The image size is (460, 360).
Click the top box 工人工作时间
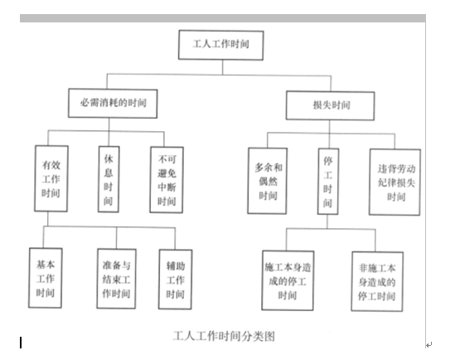pyautogui.click(x=221, y=45)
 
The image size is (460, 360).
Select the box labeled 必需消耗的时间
pyautogui.click(x=113, y=104)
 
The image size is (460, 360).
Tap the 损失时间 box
pyautogui.click(x=331, y=105)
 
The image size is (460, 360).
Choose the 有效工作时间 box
pyautogui.click(x=51, y=178)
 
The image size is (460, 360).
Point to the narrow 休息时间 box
pyautogui.click(x=109, y=179)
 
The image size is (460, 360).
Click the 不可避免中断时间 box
pyautogui.click(x=167, y=180)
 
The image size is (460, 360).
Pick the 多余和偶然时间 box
pyautogui.click(x=267, y=181)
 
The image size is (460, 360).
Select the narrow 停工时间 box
pyautogui.click(x=328, y=181)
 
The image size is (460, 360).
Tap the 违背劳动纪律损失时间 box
pyautogui.click(x=395, y=182)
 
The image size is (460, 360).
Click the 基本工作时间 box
pyautogui.click(x=46, y=278)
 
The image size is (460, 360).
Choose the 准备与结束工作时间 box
pyautogui.click(x=117, y=279)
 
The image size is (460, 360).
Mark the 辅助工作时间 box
pyautogui.click(x=176, y=280)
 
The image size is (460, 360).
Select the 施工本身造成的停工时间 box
pyautogui.click(x=288, y=280)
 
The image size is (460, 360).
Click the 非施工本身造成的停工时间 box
pyautogui.click(x=377, y=281)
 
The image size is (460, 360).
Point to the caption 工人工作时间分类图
pyautogui.click(x=224, y=336)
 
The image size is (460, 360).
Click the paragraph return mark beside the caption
pyautogui.click(x=429, y=345)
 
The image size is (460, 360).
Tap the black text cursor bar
pyautogui.click(x=21, y=343)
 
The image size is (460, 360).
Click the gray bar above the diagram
pyautogui.click(x=223, y=18)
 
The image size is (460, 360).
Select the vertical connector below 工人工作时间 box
pyautogui.click(x=222, y=67)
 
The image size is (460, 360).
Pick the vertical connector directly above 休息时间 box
pyautogui.click(x=109, y=132)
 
